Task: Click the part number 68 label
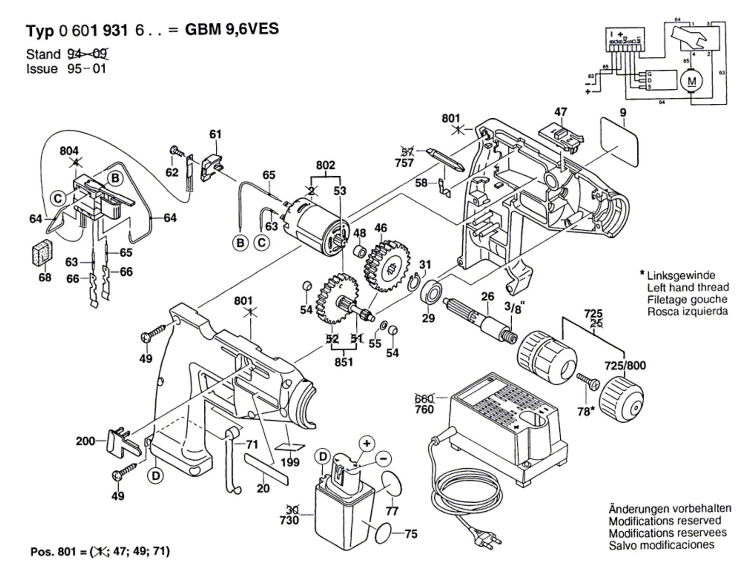[45, 278]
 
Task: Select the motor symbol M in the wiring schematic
[691, 81]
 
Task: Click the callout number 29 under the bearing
[428, 318]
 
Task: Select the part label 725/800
[625, 365]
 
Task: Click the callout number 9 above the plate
[623, 113]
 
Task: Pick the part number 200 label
[86, 441]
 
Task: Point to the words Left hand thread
[688, 287]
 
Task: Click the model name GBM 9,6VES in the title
[232, 29]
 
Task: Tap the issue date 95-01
[86, 69]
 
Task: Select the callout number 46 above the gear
[381, 228]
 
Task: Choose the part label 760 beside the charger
[424, 410]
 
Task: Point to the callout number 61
[215, 135]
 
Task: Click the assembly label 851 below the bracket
[344, 363]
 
